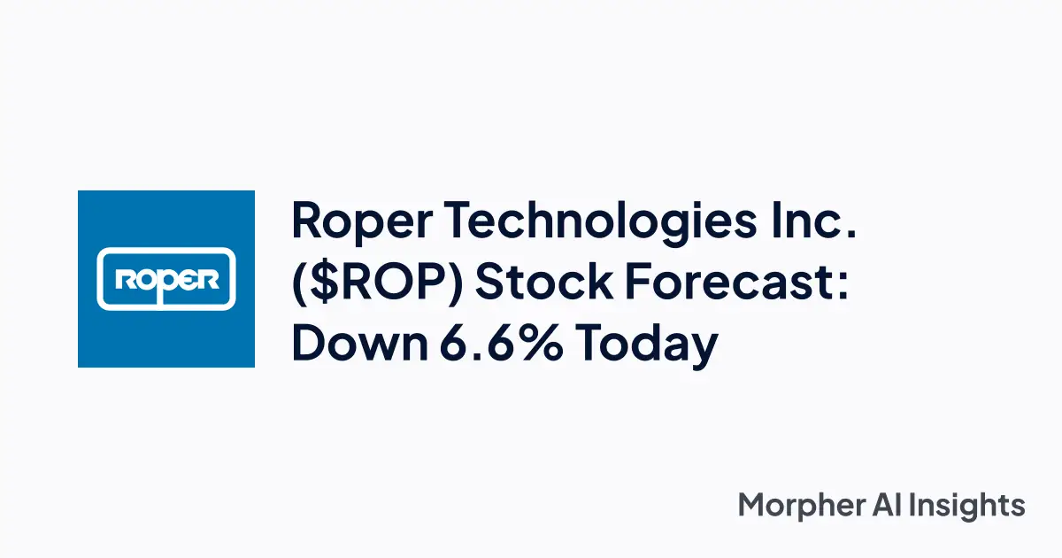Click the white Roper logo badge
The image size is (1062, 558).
pyautogui.click(x=166, y=279)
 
